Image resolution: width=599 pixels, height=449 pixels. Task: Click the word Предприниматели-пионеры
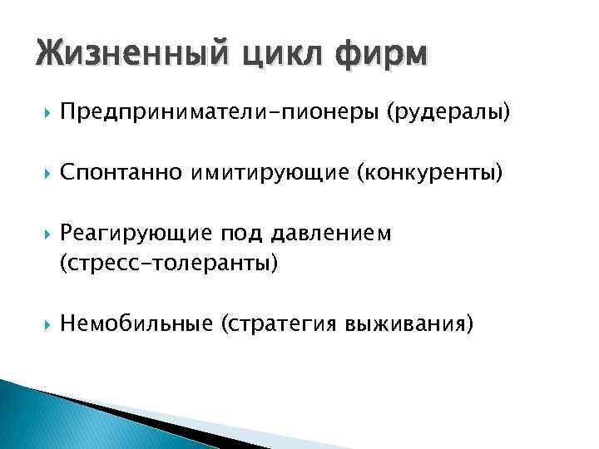coord(220,112)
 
